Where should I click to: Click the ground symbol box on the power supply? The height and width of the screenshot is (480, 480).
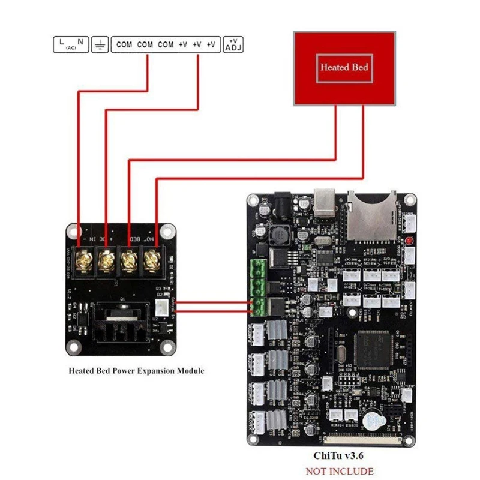point(100,45)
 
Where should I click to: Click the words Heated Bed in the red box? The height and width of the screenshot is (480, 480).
point(344,67)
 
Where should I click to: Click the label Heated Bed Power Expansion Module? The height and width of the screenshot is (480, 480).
point(136,371)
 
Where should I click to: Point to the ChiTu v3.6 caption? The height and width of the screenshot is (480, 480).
point(339,455)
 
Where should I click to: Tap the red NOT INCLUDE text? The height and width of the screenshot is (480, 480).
point(339,471)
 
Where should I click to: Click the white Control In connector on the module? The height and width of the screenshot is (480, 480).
point(163,307)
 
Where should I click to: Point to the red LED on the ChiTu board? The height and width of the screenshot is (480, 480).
point(409,241)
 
